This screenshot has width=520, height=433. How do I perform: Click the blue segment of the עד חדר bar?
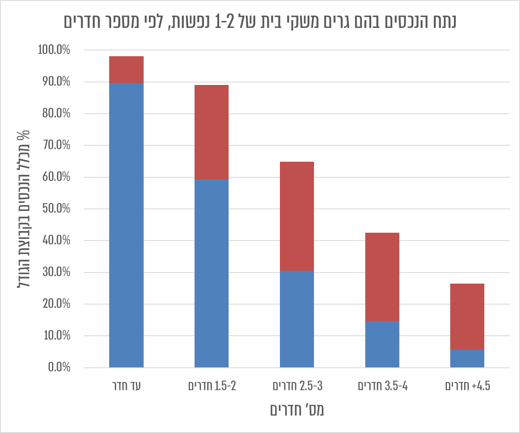point(126,225)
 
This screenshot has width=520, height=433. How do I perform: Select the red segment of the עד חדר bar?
point(126,69)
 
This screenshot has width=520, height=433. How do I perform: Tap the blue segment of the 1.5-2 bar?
point(211,273)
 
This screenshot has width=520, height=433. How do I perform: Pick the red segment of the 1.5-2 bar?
point(211,132)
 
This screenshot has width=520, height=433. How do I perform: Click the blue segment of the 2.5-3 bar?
point(297,319)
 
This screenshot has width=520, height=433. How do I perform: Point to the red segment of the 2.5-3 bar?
point(297,216)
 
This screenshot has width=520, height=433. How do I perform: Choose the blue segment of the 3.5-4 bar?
point(382,344)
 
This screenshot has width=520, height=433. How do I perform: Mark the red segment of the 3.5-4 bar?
point(382,277)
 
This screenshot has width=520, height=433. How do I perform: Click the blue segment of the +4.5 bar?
point(467,358)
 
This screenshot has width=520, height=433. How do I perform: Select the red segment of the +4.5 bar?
point(467,316)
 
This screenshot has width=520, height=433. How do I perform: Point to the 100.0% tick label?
point(54,50)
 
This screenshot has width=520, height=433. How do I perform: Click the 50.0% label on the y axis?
point(56,209)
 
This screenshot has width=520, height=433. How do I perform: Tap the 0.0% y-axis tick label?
point(59,367)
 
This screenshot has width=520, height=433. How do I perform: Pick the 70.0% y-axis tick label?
point(56,145)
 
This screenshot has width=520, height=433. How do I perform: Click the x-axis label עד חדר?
point(126,386)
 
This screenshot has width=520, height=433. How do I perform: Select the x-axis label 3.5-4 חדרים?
point(383,386)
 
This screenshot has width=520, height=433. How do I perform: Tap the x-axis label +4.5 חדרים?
point(467,386)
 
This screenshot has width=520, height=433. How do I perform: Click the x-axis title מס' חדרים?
point(297,410)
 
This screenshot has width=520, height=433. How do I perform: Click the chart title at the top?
point(260,21)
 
